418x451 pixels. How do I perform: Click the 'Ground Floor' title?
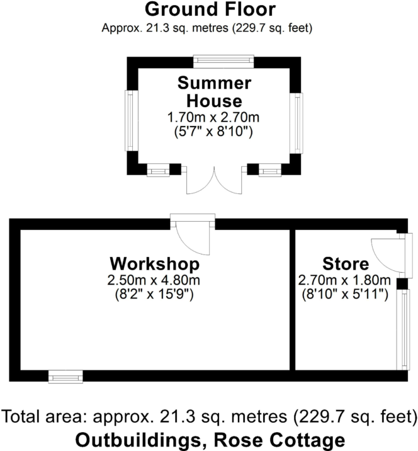pyautogui.click(x=210, y=9)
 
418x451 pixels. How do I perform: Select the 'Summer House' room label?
pyautogui.click(x=214, y=92)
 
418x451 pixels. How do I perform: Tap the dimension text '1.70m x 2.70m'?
pyautogui.click(x=214, y=118)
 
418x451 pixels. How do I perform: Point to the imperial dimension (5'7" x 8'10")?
pyautogui.click(x=214, y=132)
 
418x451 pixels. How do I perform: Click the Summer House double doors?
pyautogui.click(x=214, y=181)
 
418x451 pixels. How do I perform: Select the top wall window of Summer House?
pyautogui.click(x=223, y=62)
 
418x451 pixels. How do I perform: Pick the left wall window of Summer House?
pyautogui.click(x=132, y=120)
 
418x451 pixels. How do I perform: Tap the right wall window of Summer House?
pyautogui.click(x=295, y=123)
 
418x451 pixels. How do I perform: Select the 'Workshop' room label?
pyautogui.click(x=155, y=263)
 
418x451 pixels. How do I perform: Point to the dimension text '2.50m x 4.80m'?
pyautogui.click(x=155, y=280)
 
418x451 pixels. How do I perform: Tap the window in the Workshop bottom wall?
pyautogui.click(x=65, y=377)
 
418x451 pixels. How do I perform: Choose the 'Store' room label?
pyautogui.click(x=344, y=263)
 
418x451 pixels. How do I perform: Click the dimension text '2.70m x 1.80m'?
pyautogui.click(x=344, y=280)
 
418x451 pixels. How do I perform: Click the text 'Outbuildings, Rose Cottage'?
pyautogui.click(x=210, y=439)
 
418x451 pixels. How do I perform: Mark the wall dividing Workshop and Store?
pyautogui.click(x=293, y=299)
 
